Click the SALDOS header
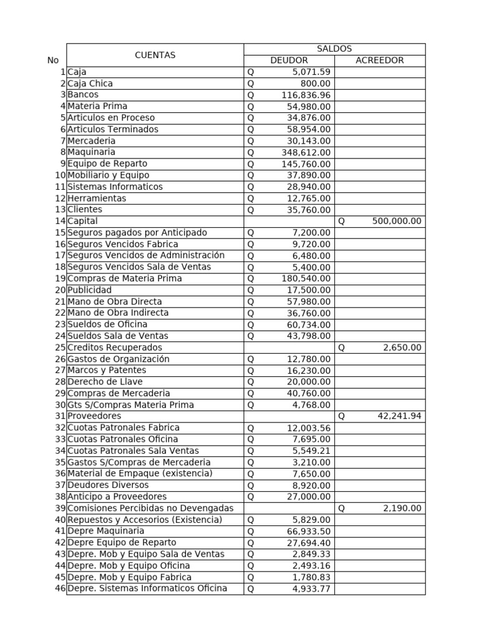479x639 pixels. coord(334,49)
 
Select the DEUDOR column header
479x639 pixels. coord(289,61)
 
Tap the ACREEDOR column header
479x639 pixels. coord(379,61)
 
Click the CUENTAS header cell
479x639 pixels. coord(155,55)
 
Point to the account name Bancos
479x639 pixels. coord(83,95)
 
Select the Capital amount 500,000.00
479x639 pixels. coord(397,221)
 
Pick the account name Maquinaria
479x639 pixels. coord(91,152)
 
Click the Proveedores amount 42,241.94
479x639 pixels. coord(399,416)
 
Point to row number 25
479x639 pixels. coord(60,348)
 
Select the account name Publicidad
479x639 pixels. coord(90,290)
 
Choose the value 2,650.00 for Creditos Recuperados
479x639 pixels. coord(402,348)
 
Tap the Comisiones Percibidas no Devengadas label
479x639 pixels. coord(150,509)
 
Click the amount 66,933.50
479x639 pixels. coord(308,531)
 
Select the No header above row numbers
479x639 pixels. coord(53,61)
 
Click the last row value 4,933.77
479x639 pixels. coord(311,588)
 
